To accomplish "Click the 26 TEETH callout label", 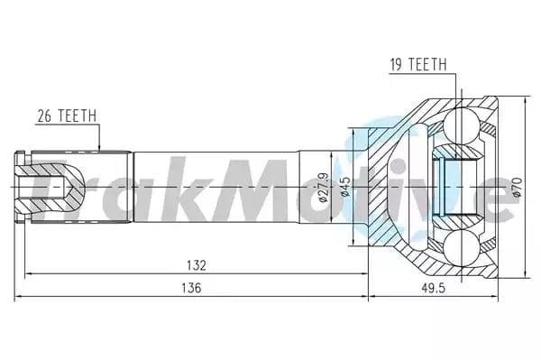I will click(x=66, y=115).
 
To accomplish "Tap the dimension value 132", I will click(x=197, y=265).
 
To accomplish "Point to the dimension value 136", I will click(x=190, y=287).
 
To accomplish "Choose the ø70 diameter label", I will click(x=517, y=185).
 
